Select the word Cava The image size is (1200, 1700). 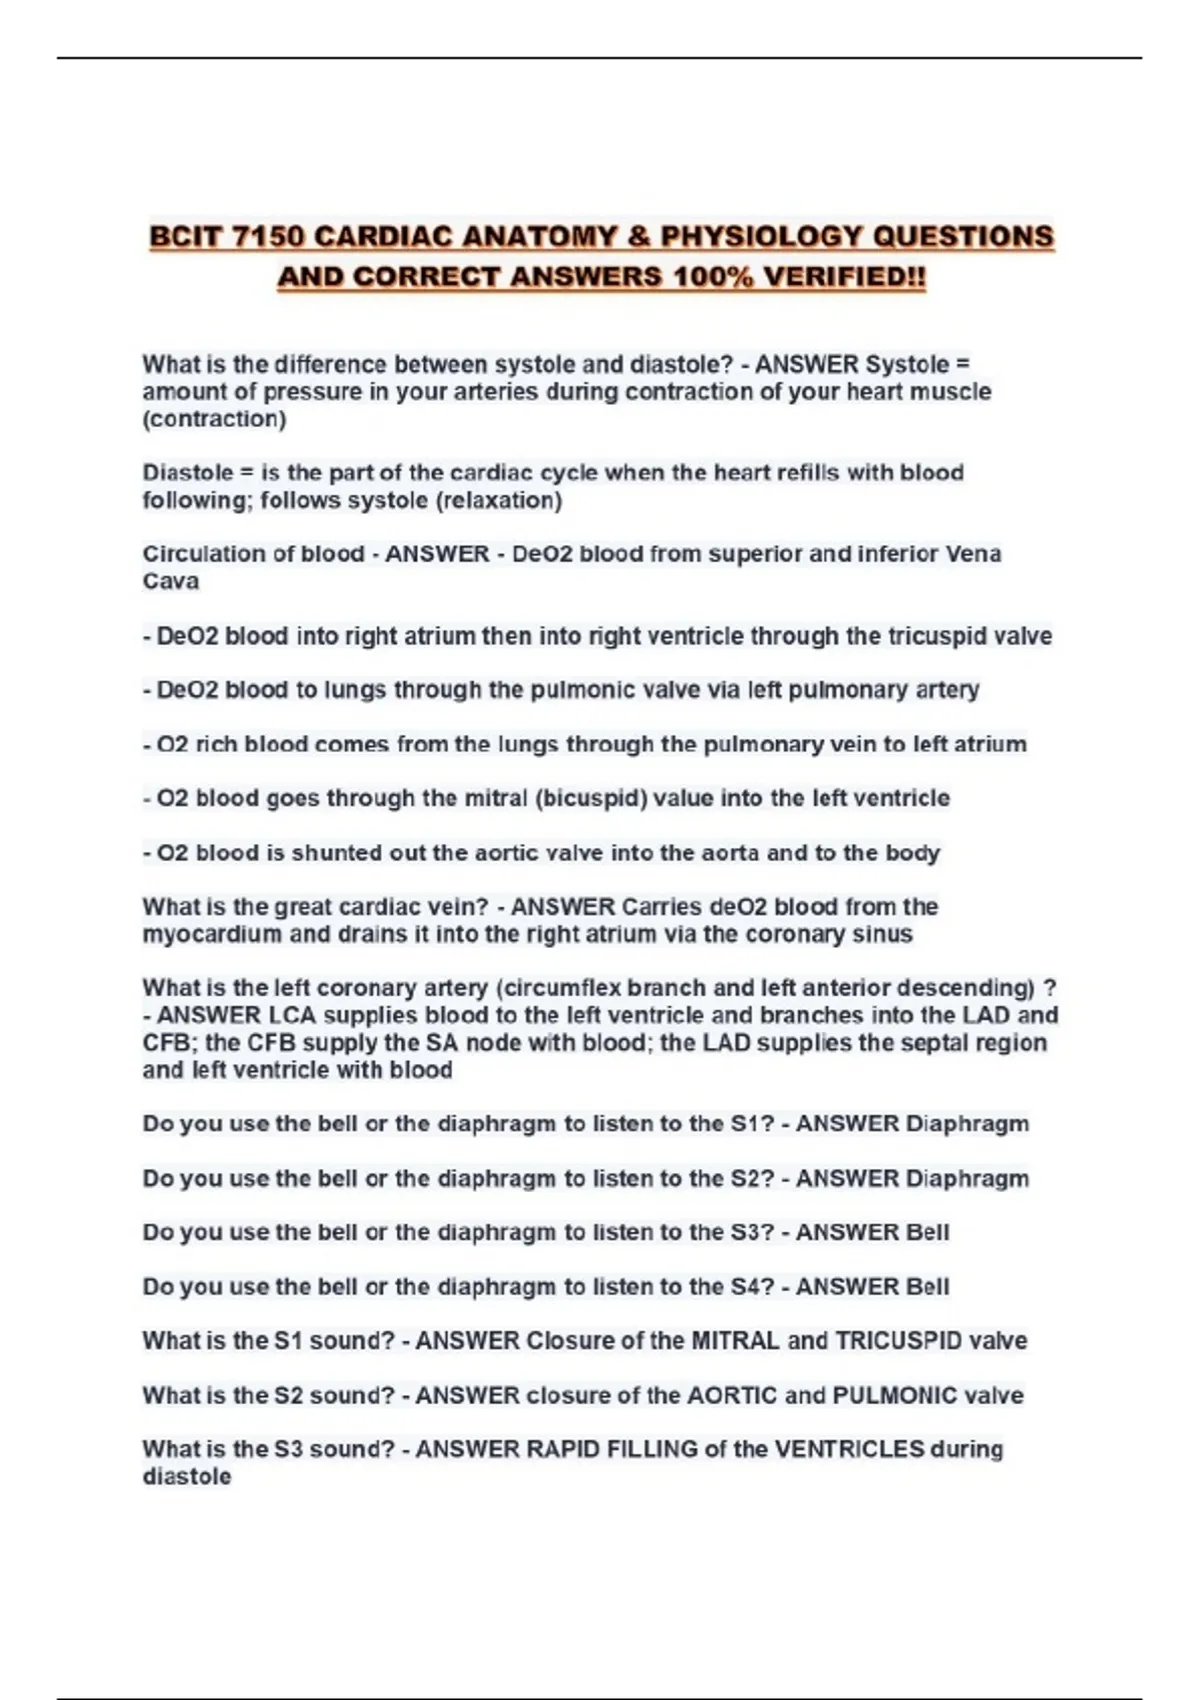(x=171, y=581)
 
